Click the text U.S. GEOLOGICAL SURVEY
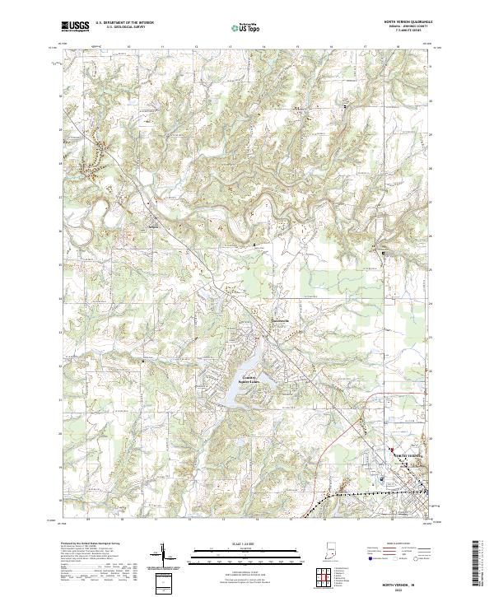coord(119,30)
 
